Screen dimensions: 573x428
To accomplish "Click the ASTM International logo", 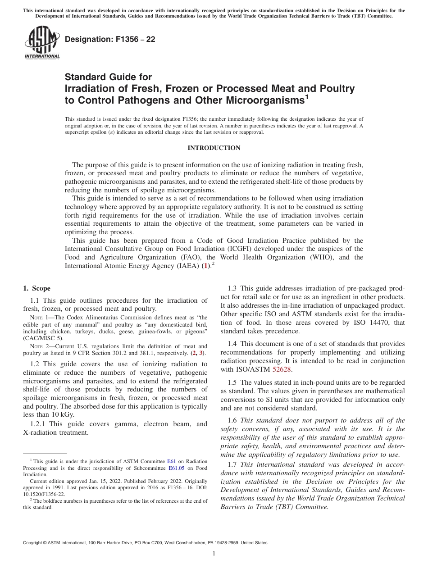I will [x=42, y=42].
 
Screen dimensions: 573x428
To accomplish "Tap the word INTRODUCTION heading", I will [x=214, y=148].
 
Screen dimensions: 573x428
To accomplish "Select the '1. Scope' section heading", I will [x=36, y=288].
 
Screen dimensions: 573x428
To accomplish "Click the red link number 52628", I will [x=282, y=369].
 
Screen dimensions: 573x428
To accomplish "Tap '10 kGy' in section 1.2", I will [x=62, y=415].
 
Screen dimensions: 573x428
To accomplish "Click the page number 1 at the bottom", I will [x=214, y=553].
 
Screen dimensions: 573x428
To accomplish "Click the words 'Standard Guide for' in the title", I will [x=108, y=77].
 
